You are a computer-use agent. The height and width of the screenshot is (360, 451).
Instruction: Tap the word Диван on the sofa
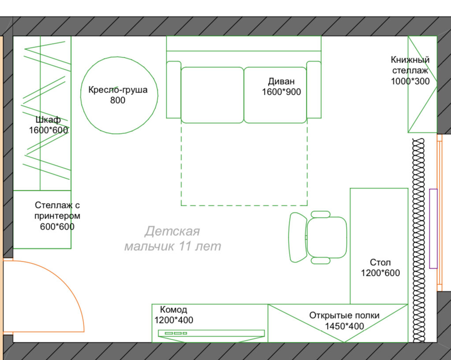281,82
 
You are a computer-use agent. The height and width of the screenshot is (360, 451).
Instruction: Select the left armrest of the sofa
173,90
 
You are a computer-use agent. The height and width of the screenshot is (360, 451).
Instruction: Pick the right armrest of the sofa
313,90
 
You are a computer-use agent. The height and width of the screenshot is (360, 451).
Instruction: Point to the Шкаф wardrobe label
48,119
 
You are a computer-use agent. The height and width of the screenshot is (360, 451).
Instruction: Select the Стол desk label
380,263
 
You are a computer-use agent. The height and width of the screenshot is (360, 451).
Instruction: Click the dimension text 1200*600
380,273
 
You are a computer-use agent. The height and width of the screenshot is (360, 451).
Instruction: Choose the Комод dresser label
173,309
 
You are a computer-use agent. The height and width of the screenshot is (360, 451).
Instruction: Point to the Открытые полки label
344,315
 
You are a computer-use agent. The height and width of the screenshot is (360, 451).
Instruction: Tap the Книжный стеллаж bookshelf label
410,65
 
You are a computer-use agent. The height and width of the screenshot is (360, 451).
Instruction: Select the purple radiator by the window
433,228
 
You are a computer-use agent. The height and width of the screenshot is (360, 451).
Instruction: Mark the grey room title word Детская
172,231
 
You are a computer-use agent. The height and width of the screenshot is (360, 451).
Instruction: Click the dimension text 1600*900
281,92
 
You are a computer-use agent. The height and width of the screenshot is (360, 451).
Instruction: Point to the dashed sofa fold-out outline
244,205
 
